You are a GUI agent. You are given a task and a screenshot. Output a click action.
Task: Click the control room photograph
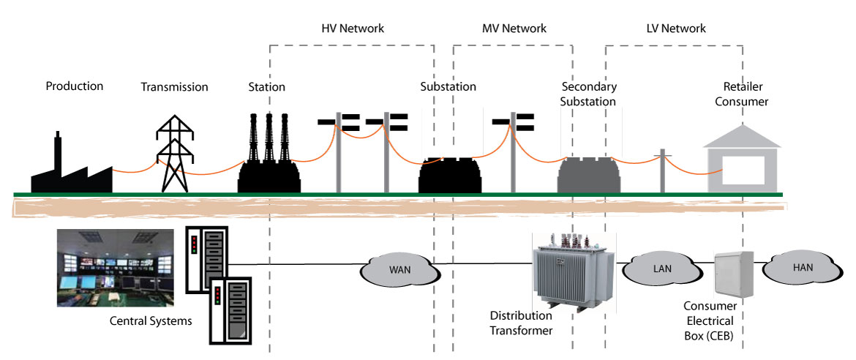pos(116,267)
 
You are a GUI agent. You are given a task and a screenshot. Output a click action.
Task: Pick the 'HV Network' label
pos(353,29)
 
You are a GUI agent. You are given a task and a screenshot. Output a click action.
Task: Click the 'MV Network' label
pos(514,29)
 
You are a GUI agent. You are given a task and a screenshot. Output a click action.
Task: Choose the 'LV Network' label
pos(675,29)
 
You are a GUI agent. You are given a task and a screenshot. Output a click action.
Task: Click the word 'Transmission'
pos(174,87)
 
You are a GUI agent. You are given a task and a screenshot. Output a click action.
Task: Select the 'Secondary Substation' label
pos(587,94)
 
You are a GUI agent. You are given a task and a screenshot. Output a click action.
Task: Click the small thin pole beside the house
pos(662,171)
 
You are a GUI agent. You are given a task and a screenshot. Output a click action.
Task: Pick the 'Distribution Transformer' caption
pos(521,323)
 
